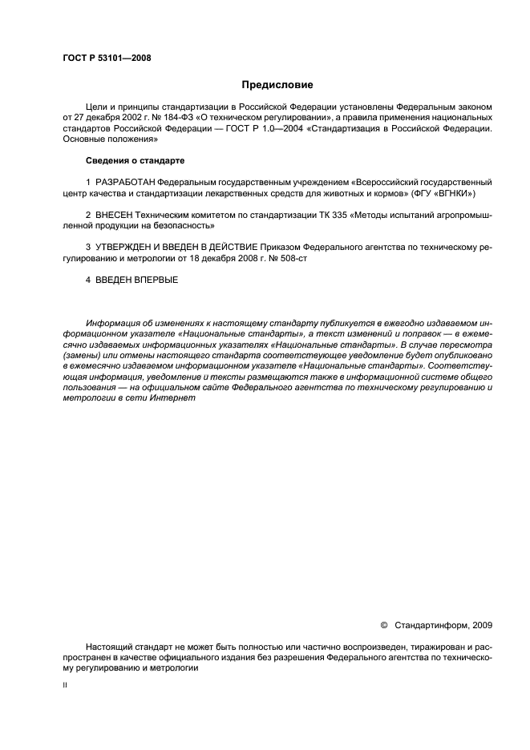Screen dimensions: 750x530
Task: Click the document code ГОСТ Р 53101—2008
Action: click(x=107, y=58)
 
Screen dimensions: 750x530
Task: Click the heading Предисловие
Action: click(x=277, y=84)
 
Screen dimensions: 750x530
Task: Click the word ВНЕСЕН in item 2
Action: click(x=115, y=217)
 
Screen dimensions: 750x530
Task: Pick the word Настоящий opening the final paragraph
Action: click(x=107, y=646)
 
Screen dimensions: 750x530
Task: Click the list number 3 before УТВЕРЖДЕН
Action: click(x=87, y=249)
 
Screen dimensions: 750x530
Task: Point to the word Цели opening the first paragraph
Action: click(x=95, y=105)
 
